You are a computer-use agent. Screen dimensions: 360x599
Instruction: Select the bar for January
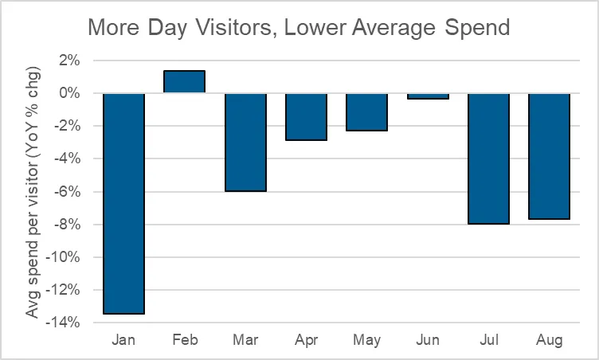[123, 203]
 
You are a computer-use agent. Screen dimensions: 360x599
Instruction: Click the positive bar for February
[184, 82]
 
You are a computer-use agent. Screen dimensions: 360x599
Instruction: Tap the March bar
[245, 142]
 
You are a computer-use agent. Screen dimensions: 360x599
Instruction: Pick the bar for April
[306, 116]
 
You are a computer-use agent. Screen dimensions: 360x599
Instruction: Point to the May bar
[366, 112]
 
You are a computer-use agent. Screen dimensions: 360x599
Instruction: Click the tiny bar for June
[428, 96]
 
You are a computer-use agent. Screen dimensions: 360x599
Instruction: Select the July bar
[488, 158]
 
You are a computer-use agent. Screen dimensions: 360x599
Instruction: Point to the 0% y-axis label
[70, 93]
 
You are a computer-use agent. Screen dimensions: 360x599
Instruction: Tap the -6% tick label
[68, 191]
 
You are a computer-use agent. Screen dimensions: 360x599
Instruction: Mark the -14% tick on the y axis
[65, 323]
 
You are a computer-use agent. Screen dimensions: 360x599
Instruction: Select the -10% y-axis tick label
[65, 257]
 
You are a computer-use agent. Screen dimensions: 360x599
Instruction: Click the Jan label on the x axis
[123, 340]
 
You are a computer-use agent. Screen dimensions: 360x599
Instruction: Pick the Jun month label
[428, 340]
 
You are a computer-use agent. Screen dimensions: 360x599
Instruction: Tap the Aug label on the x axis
[549, 340]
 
